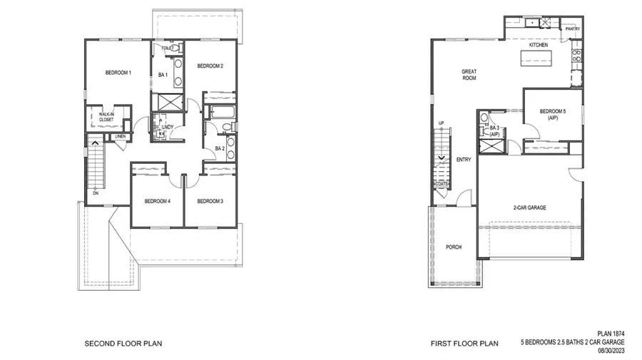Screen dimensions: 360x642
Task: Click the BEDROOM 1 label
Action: click(118, 73)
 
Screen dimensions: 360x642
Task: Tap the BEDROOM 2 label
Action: click(210, 66)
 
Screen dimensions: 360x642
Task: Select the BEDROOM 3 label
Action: click(210, 201)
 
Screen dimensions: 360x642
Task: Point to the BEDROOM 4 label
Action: click(158, 201)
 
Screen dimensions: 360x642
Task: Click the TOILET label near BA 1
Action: click(168, 48)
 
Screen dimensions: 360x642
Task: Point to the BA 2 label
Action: click(220, 148)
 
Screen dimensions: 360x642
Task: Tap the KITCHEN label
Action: click(538, 45)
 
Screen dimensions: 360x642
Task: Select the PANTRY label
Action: click(572, 29)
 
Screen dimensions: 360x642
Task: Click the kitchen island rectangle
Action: click(544, 62)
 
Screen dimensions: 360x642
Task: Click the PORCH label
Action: click(454, 247)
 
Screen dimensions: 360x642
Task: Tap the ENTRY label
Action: click(464, 160)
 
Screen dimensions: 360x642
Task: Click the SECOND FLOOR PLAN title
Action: click(123, 344)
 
